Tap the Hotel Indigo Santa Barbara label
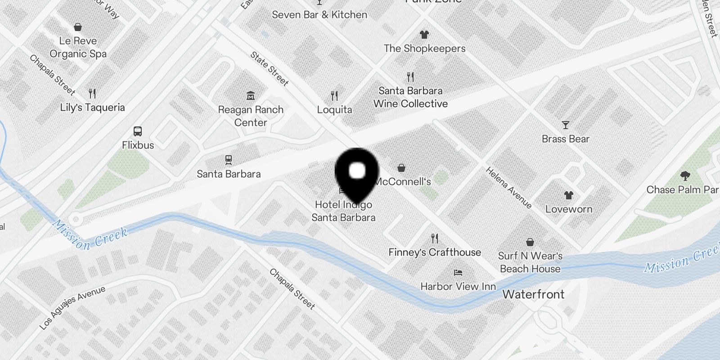pos(343,211)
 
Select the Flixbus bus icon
pos(138,131)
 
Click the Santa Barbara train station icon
pos(229,160)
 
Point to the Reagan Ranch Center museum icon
pos(251,95)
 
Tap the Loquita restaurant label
pos(334,110)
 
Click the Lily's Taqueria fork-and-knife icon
pos(92,94)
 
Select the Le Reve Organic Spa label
pos(78,47)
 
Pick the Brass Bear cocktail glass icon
pos(566,125)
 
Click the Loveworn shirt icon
pos(569,195)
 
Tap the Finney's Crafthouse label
pos(435,252)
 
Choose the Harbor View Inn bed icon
pos(458,273)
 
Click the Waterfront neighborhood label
pos(533,294)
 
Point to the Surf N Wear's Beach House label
pos(530,262)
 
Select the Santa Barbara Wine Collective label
pos(410,97)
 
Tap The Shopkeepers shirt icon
pos(424,34)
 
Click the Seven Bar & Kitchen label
pos(319,15)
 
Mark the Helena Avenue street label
pos(508,187)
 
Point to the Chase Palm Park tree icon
pos(685,175)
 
